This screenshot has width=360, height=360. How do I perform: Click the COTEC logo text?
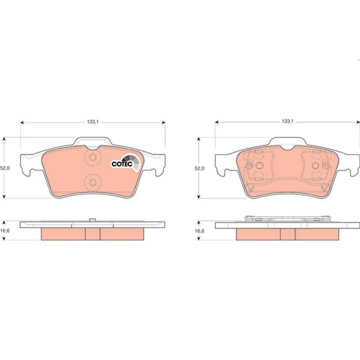tap(122, 164)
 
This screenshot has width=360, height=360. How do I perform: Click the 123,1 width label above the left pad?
tap(93, 122)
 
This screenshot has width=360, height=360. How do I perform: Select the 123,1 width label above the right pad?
tap(288, 121)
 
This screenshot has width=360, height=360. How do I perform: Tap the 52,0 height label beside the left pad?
tap(5, 168)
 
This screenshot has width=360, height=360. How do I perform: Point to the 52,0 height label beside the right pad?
tap(199, 168)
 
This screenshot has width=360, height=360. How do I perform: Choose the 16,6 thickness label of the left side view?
tap(5, 231)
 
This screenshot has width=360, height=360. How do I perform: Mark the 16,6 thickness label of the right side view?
tap(199, 231)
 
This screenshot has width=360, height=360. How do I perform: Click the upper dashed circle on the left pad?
tap(93, 157)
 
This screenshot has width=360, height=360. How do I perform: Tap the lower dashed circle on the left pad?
tap(93, 183)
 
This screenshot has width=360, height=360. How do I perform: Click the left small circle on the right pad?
tap(260, 166)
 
